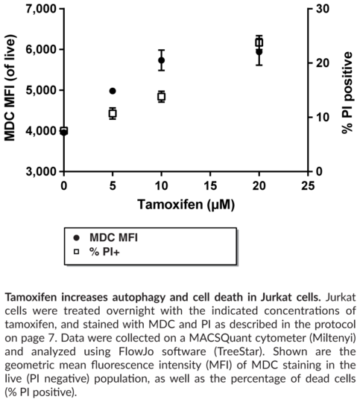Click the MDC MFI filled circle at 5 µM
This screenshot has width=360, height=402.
(113, 91)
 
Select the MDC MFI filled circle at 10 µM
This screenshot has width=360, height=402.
(161, 60)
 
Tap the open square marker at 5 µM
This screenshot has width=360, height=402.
(113, 113)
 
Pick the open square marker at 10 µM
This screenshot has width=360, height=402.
(161, 97)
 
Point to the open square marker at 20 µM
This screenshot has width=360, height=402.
(259, 42)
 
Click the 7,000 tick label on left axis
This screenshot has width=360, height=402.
(41, 9)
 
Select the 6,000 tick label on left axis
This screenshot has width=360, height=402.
(41, 49)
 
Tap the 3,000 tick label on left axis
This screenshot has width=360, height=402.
(41, 171)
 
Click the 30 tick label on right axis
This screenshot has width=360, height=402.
(322, 9)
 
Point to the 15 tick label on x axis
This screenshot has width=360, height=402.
(210, 186)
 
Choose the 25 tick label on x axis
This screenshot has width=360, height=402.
(308, 186)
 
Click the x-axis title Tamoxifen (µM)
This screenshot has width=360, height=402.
(186, 205)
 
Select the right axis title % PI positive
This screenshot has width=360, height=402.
(347, 92)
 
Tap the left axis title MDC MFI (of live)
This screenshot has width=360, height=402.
(10, 88)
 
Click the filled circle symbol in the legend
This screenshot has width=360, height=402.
(76, 238)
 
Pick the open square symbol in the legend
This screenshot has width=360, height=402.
(76, 252)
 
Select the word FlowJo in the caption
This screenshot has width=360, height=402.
(136, 351)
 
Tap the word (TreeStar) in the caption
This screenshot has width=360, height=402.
(239, 351)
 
